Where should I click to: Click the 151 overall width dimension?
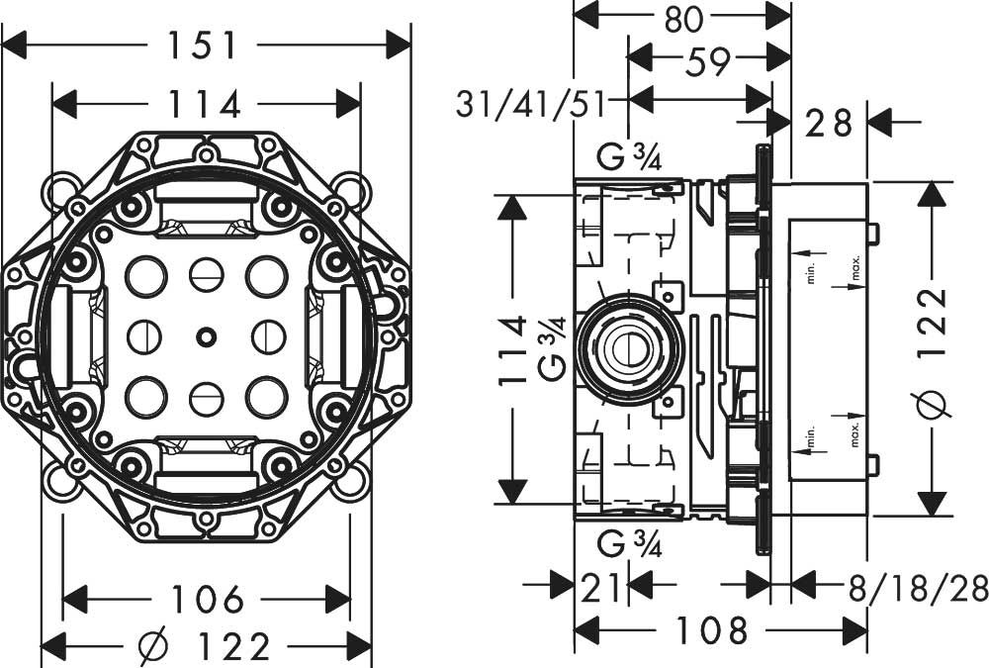[x=202, y=46]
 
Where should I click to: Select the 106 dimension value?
[x=208, y=599]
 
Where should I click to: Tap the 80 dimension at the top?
[x=682, y=18]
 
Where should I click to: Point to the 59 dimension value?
[x=708, y=60]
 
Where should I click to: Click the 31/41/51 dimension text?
[x=530, y=104]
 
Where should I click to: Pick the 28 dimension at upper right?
[x=829, y=123]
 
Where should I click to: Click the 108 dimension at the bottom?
[x=711, y=629]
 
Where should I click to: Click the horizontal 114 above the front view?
[x=205, y=104]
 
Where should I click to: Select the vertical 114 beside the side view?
[x=511, y=349]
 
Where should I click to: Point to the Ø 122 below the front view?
[x=204, y=646]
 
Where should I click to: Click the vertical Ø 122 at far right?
[x=934, y=353]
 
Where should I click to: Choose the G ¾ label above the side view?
[x=629, y=156]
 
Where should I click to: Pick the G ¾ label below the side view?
[x=629, y=544]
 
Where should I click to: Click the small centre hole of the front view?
[x=205, y=336]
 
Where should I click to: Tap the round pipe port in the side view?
[x=629, y=349]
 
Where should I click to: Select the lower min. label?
[x=811, y=436]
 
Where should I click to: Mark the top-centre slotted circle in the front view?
[x=207, y=275]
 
